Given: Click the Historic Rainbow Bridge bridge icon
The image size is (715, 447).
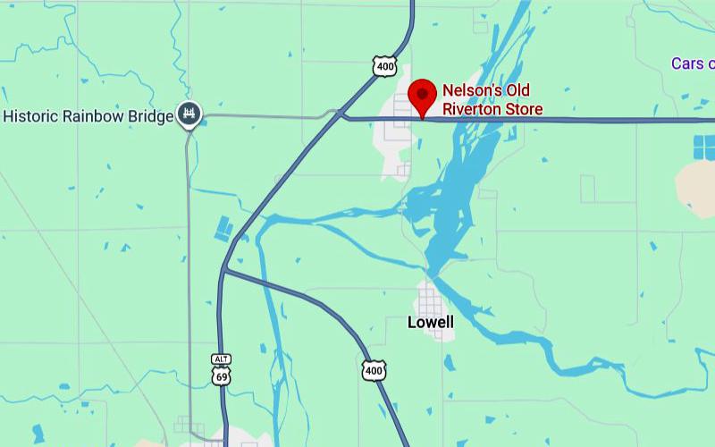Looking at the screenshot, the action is pos(189,114).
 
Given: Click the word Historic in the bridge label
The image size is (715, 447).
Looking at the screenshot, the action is pos(31,116).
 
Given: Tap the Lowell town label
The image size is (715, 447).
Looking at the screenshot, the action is pos(430,322).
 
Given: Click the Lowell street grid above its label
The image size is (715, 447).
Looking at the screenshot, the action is pos(431,299).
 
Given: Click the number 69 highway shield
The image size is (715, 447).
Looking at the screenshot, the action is pos(221,375).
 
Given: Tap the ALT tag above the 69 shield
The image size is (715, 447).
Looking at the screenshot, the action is pos(221,359).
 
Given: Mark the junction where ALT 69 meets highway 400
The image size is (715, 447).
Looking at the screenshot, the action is pos(224,269).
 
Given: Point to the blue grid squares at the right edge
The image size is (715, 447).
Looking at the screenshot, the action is pos(704,148).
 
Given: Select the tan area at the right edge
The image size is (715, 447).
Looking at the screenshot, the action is pos(696,187).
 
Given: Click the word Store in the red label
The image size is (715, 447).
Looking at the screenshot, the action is pos(523,109).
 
